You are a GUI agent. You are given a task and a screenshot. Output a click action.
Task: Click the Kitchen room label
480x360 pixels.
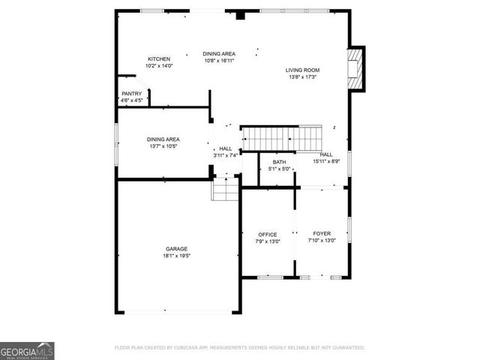[x=159, y=59]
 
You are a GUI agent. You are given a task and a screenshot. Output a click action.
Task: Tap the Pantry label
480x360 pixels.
[x=131, y=94]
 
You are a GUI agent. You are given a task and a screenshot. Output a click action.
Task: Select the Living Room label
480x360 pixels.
[x=302, y=70]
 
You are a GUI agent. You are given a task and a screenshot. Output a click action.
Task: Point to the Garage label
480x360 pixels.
[x=177, y=249]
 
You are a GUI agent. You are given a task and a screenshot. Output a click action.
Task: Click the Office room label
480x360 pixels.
[x=268, y=235]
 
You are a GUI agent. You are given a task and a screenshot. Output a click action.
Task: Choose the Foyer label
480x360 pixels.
[x=322, y=235]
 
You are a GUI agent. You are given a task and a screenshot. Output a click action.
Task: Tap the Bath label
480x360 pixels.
[x=279, y=163]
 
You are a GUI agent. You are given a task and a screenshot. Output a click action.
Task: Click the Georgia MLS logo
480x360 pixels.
[x=27, y=350]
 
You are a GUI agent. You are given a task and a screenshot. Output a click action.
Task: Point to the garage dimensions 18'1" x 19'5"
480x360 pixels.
[x=177, y=256]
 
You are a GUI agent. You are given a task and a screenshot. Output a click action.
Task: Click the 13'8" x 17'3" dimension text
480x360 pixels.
[x=301, y=77]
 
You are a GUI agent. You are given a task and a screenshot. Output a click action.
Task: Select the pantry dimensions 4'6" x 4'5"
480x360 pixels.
[x=131, y=100]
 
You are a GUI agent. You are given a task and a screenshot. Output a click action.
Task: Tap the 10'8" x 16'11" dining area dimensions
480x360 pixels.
[x=220, y=61]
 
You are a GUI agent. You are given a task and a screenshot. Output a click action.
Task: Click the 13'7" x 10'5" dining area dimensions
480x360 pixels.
[x=163, y=146]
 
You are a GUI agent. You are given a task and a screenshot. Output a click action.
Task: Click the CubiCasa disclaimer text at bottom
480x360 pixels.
[x=239, y=348]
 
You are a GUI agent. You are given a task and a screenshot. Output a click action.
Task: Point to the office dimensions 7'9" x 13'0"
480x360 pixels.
[x=268, y=241]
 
